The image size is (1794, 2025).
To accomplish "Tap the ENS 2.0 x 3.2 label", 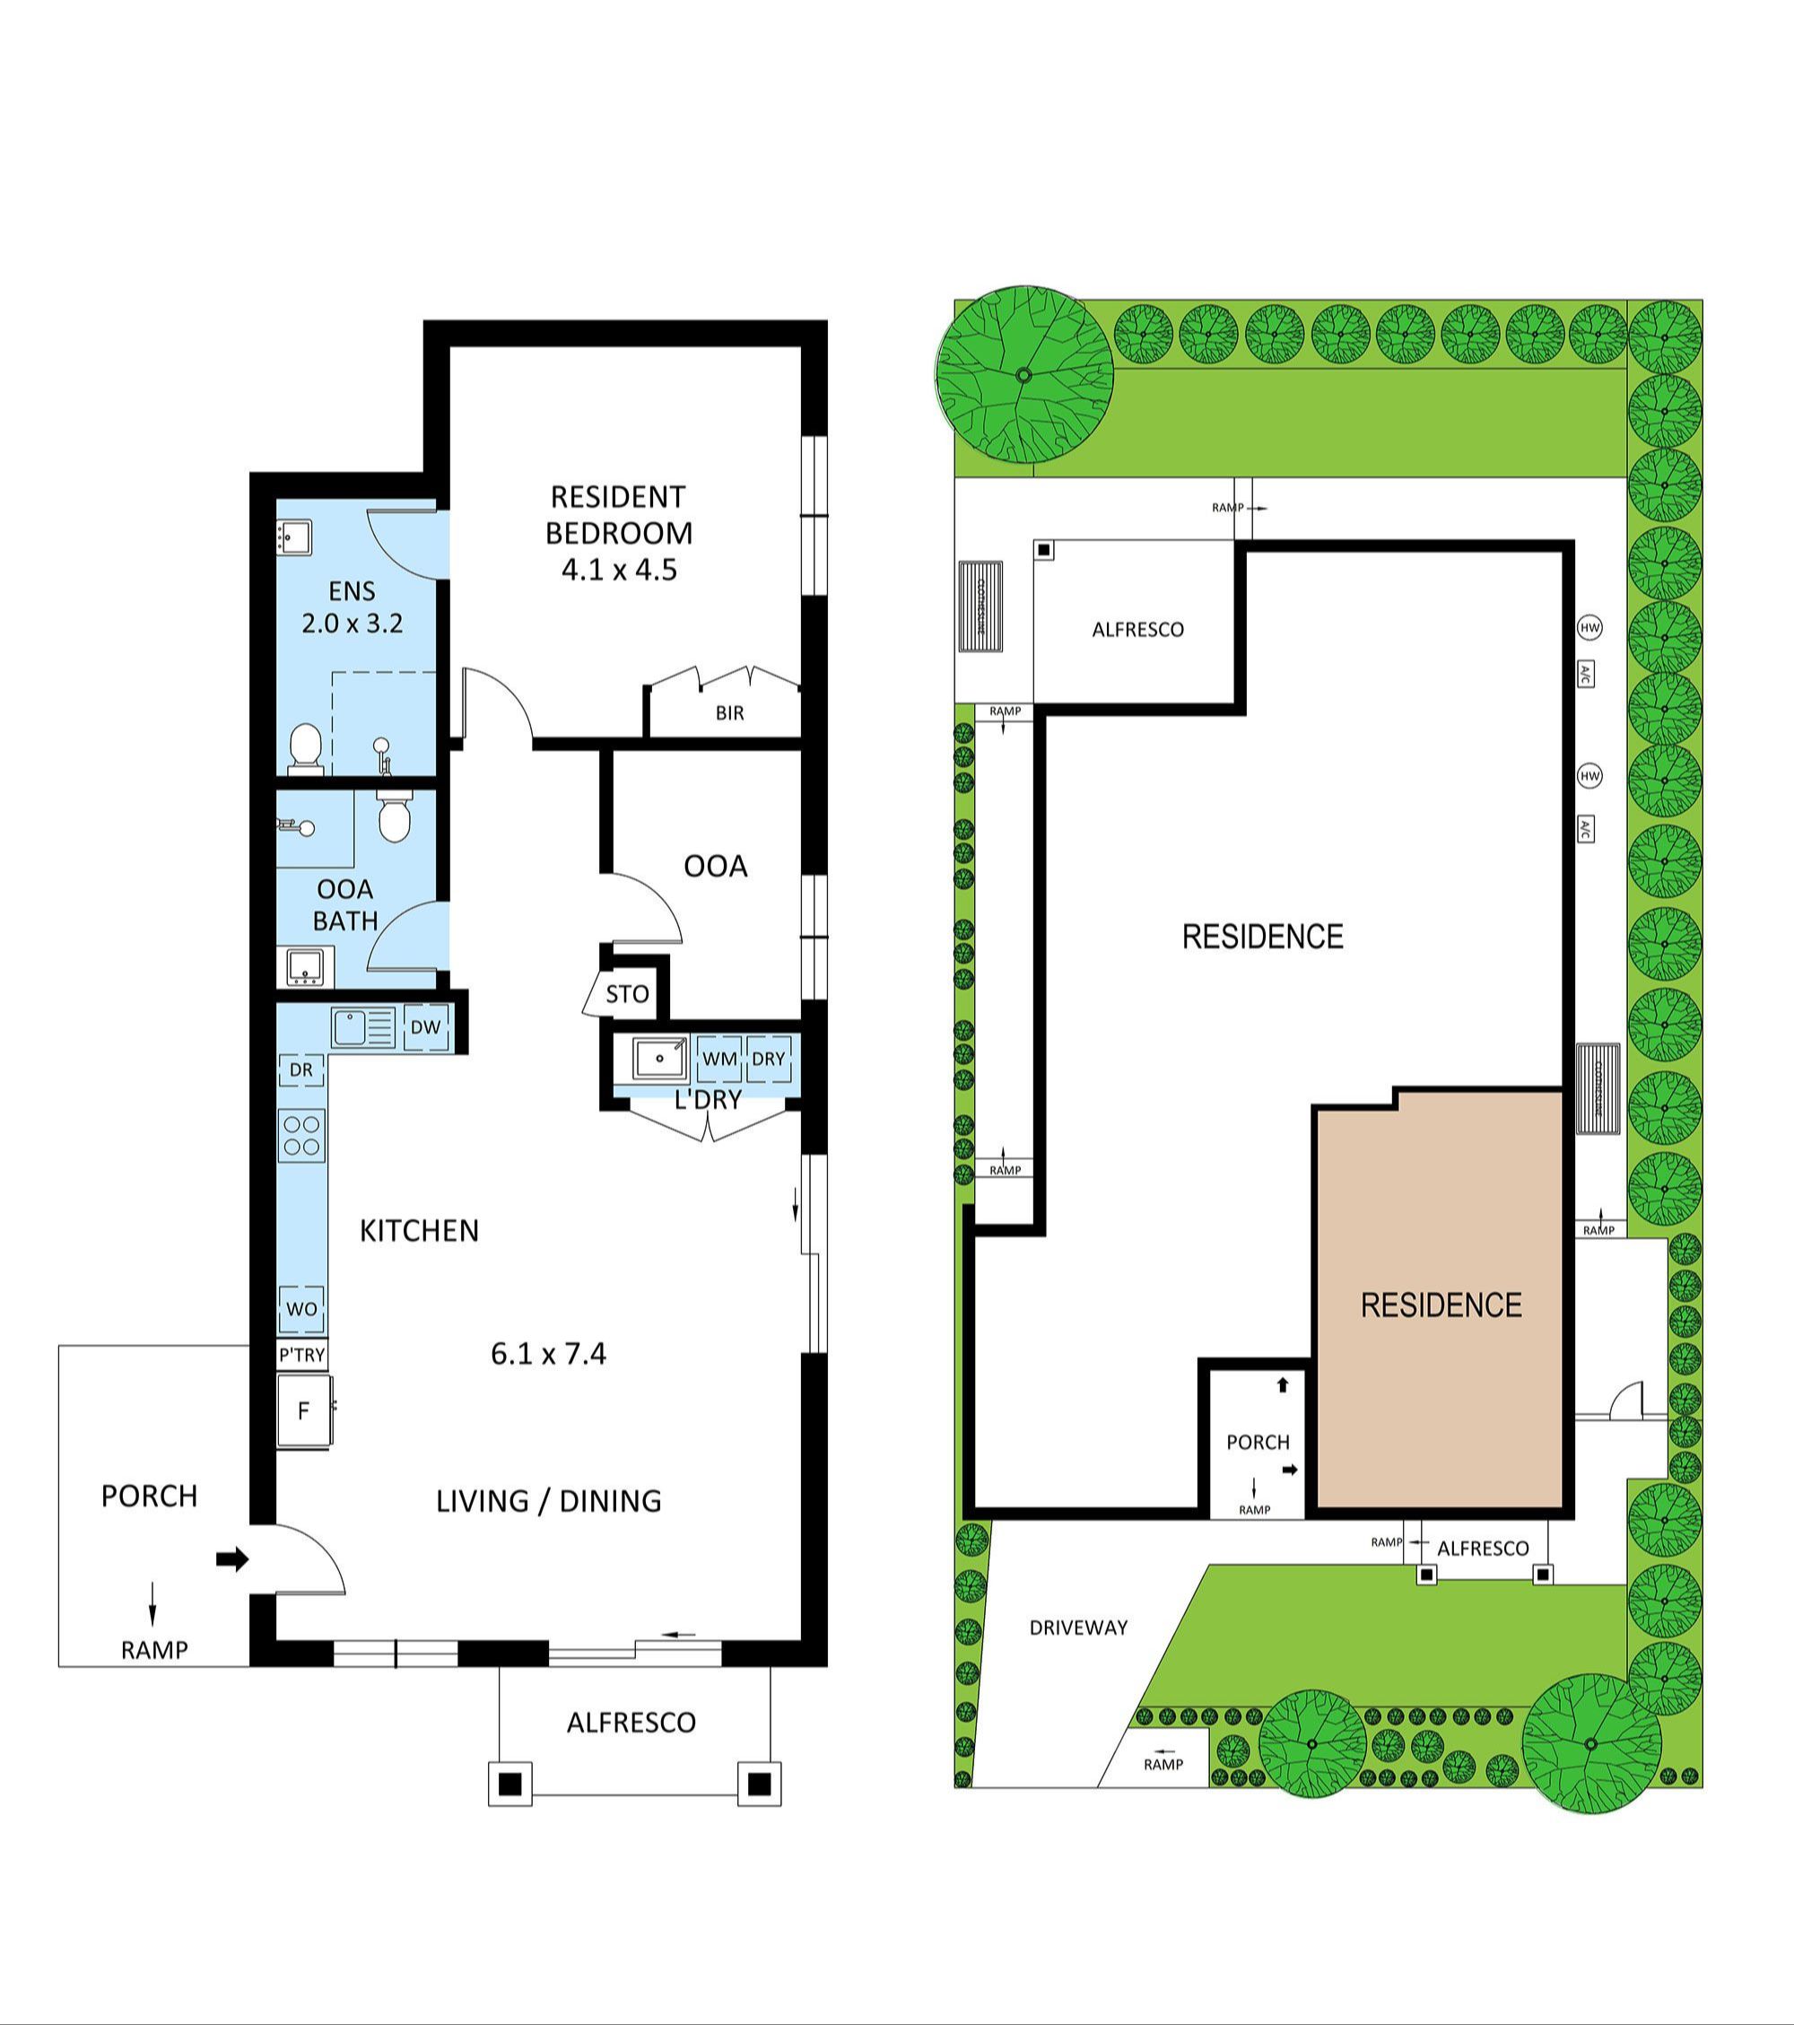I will pyautogui.click(x=352, y=607).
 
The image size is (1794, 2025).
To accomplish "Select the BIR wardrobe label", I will pyautogui.click(x=729, y=712).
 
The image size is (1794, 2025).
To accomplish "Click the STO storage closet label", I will pyautogui.click(x=627, y=994).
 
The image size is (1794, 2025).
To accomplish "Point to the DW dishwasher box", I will pyautogui.click(x=426, y=1027).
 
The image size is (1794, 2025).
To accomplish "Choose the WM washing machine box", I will pyautogui.click(x=719, y=1058).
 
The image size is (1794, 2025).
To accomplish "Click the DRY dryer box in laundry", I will pyautogui.click(x=769, y=1058).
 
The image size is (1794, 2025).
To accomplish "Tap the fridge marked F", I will pyautogui.click(x=303, y=1410).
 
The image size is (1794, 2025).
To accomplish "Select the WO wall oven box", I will pyautogui.click(x=301, y=1309).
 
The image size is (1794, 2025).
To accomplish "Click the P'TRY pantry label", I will pyautogui.click(x=301, y=1354).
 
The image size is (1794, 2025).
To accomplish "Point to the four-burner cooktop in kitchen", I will pyautogui.click(x=302, y=1135).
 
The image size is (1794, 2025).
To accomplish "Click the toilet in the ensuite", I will pyautogui.click(x=305, y=748).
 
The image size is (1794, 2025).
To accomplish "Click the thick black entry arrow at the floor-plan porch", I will pyautogui.click(x=231, y=1559).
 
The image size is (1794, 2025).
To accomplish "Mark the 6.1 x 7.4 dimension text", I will pyautogui.click(x=548, y=1353).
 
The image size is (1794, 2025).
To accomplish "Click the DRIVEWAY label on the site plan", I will pyautogui.click(x=1078, y=1627).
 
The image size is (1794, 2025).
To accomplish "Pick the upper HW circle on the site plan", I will pyautogui.click(x=1589, y=627).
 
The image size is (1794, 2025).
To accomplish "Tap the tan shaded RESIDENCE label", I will pyautogui.click(x=1441, y=1305).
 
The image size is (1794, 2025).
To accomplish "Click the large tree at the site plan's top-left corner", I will pyautogui.click(x=1023, y=375).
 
